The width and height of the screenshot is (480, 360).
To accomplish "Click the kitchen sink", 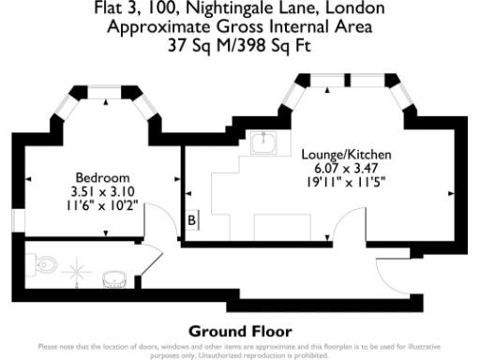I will point(264,144).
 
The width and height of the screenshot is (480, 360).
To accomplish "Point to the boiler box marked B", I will point(190,220).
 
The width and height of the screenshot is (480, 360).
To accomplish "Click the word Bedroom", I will point(101,178).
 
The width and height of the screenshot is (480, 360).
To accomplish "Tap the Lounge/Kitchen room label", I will point(346,153).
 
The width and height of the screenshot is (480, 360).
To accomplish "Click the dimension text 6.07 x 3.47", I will point(346,167).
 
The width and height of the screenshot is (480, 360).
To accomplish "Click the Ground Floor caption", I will point(240,331).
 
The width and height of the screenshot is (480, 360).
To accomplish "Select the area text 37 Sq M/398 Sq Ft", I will point(240,42).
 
